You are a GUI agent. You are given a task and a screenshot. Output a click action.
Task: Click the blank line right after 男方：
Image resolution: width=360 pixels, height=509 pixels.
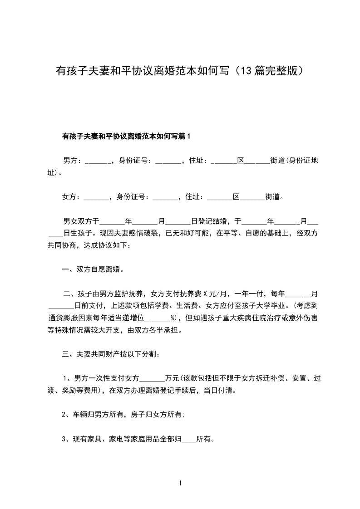click(98, 162)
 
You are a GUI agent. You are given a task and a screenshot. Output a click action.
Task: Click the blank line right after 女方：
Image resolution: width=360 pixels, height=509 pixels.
click(97, 198)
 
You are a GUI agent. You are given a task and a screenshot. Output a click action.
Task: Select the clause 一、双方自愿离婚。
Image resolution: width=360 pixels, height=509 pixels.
click(93, 269)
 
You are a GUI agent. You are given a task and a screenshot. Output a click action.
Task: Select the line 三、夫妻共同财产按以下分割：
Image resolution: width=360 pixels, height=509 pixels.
click(110, 354)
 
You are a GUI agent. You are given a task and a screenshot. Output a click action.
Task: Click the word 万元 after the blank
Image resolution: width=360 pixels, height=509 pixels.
click(173, 378)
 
